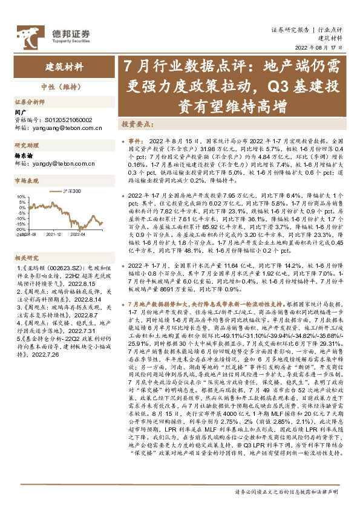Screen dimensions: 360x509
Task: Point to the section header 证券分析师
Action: (30, 103)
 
